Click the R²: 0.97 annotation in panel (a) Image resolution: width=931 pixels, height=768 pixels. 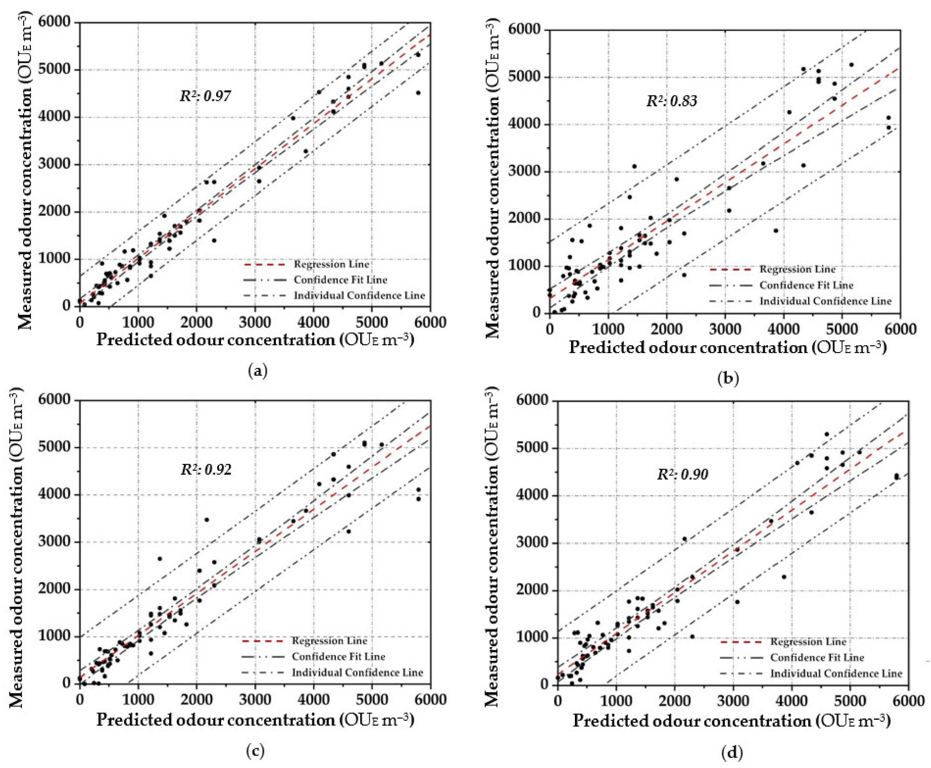tap(205, 96)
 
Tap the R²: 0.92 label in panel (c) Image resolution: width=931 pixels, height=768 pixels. tap(206, 469)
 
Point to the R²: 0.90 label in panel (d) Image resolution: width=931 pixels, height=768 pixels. tap(682, 475)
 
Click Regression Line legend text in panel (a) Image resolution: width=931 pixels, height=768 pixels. tap(331, 265)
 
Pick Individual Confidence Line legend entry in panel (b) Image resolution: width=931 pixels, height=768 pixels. tap(825, 301)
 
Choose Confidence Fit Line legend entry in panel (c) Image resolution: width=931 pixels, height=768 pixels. tap(338, 656)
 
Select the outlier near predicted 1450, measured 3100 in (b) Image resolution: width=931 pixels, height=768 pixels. tap(634, 166)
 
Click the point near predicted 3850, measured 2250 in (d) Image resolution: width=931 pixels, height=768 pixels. tap(784, 577)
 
